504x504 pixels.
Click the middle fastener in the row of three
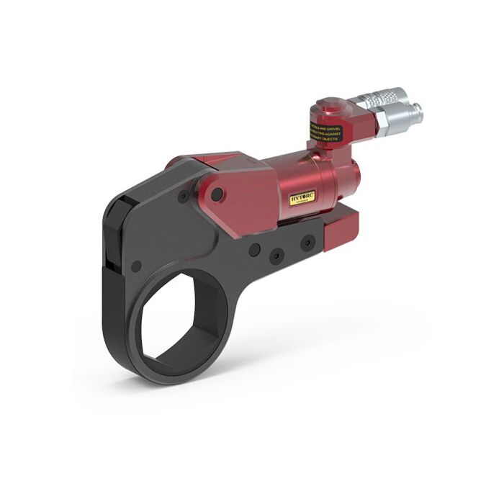(x=276, y=255)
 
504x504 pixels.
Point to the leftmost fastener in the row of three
(x=253, y=249)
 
